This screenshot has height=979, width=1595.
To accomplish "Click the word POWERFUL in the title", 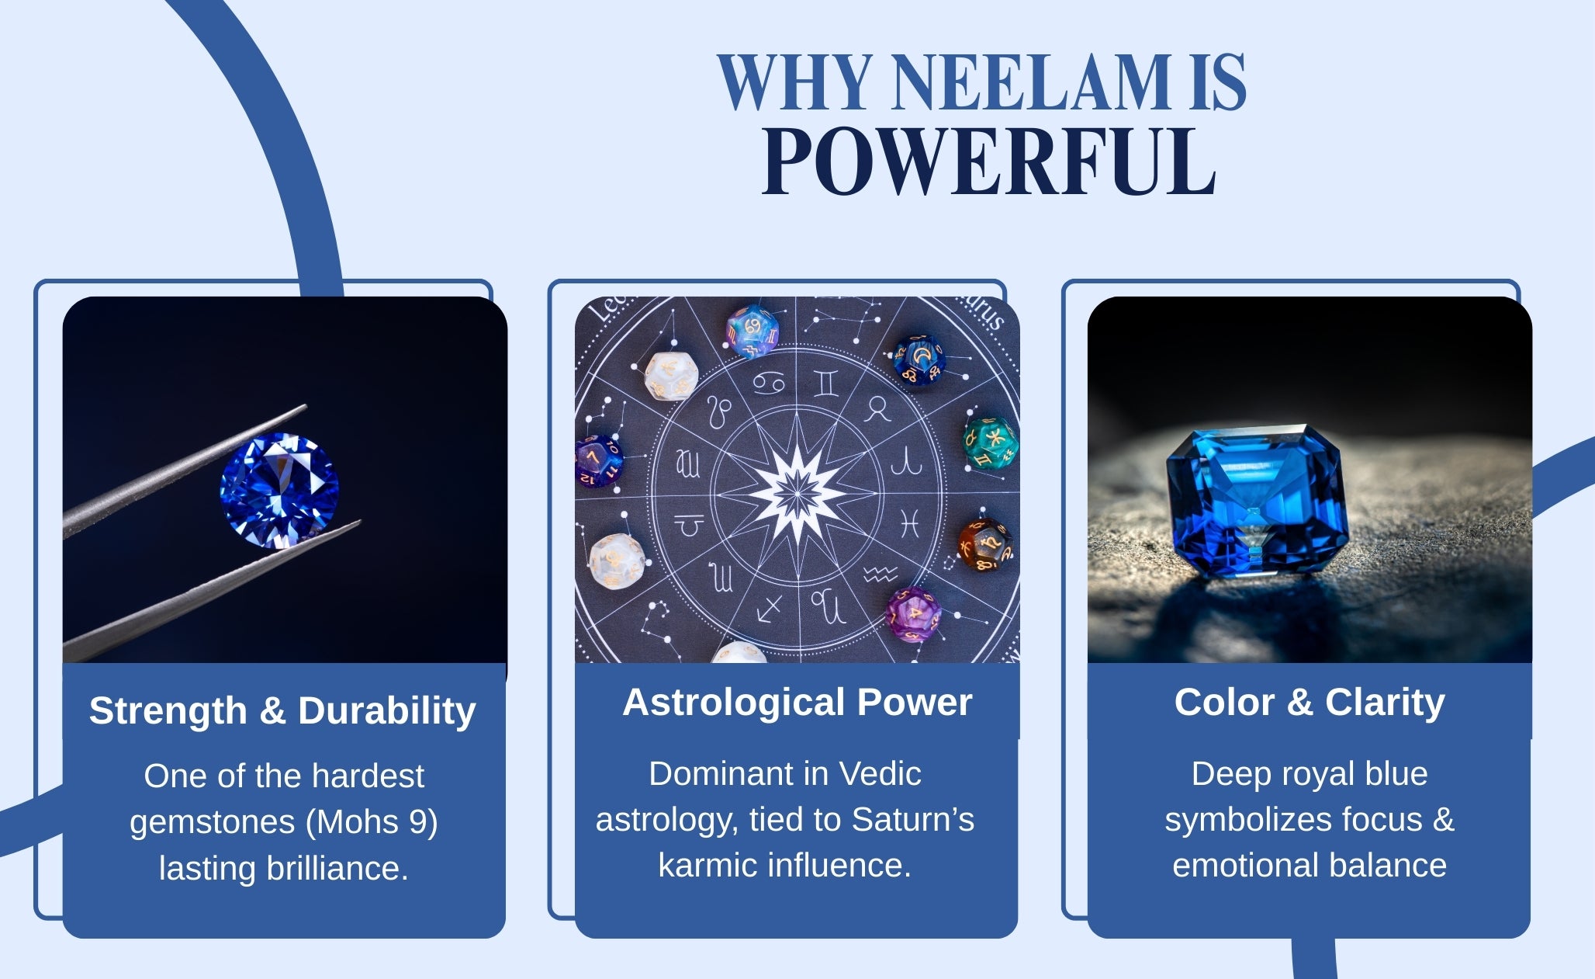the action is click(x=988, y=161).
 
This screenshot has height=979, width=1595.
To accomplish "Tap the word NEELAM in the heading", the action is click(x=1031, y=82).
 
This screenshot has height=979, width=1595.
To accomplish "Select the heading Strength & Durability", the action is click(x=282, y=710).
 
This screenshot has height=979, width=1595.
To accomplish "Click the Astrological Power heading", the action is click(x=797, y=702).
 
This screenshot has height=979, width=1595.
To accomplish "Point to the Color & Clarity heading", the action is click(x=1310, y=702).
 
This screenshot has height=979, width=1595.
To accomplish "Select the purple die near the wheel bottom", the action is click(x=914, y=615).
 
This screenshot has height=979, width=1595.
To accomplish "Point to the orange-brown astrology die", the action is click(x=984, y=546).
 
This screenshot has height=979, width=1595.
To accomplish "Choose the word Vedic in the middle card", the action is click(x=881, y=773).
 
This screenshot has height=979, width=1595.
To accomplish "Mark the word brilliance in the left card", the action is click(x=337, y=868).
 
